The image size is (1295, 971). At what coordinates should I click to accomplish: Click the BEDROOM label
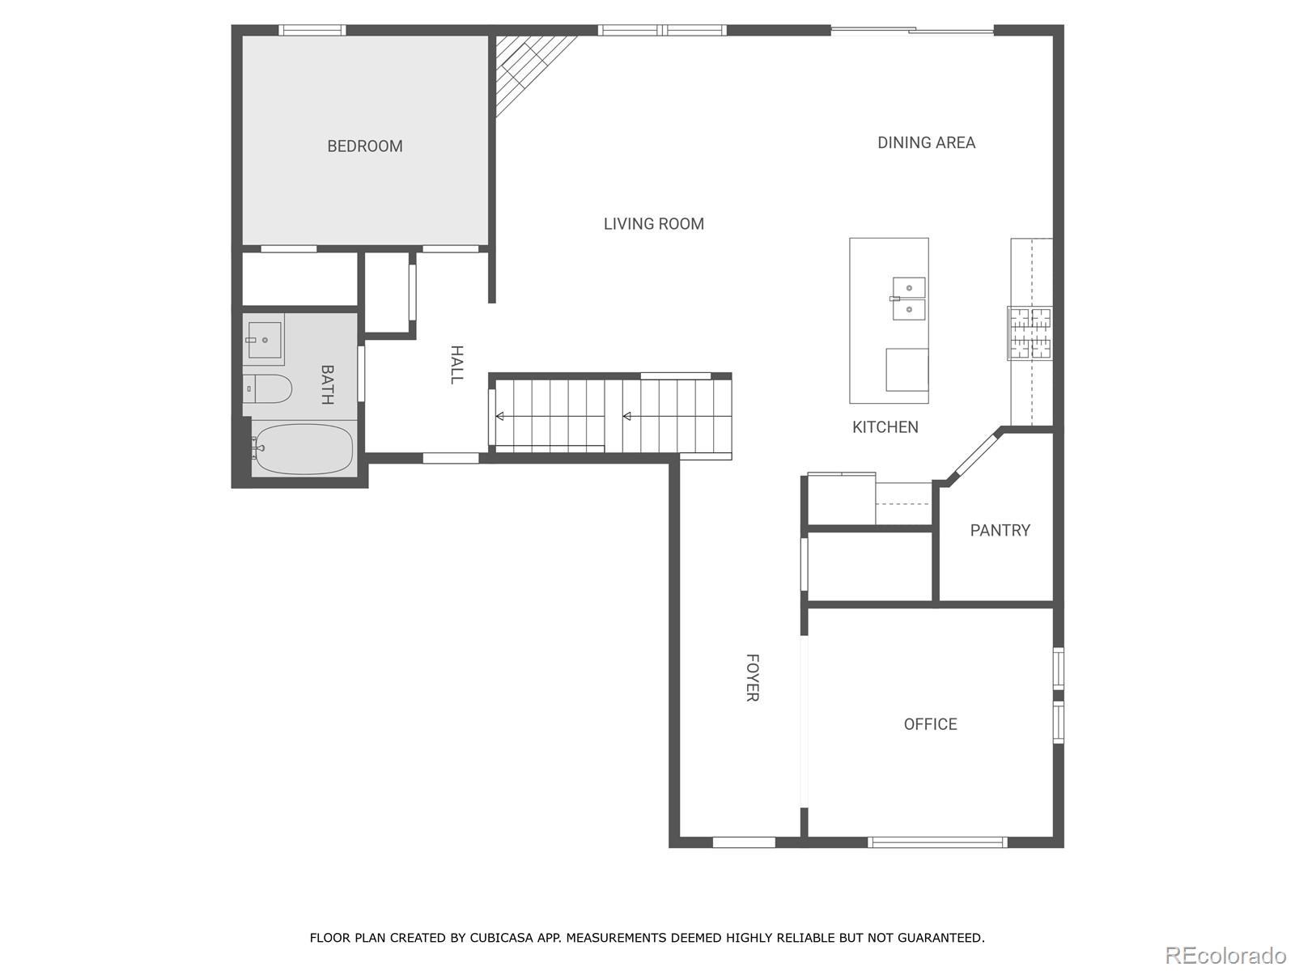point(364,146)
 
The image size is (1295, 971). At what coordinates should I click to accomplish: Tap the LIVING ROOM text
point(653,224)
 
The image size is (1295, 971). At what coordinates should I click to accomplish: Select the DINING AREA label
point(926,142)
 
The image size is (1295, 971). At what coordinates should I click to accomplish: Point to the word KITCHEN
point(885,427)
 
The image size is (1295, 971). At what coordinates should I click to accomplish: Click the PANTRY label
point(1000,531)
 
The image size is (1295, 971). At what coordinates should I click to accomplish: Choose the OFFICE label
point(930,724)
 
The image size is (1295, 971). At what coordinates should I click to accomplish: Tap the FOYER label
point(752,678)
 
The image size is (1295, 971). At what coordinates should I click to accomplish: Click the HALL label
point(456,364)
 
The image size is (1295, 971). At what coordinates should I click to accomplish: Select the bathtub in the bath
point(303,449)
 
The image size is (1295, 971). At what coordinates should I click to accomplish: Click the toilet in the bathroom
point(269,389)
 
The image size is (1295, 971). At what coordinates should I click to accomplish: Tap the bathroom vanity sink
point(264,340)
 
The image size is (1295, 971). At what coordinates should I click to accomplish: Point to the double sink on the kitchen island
point(909,299)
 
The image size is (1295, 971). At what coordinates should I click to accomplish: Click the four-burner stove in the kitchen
point(1030,333)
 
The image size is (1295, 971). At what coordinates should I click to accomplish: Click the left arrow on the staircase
point(500,416)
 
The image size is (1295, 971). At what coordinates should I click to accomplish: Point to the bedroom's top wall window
point(312,31)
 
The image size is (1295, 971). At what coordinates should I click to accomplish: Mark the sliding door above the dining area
point(912,31)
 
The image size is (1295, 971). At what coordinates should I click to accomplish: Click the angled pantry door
point(974,456)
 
